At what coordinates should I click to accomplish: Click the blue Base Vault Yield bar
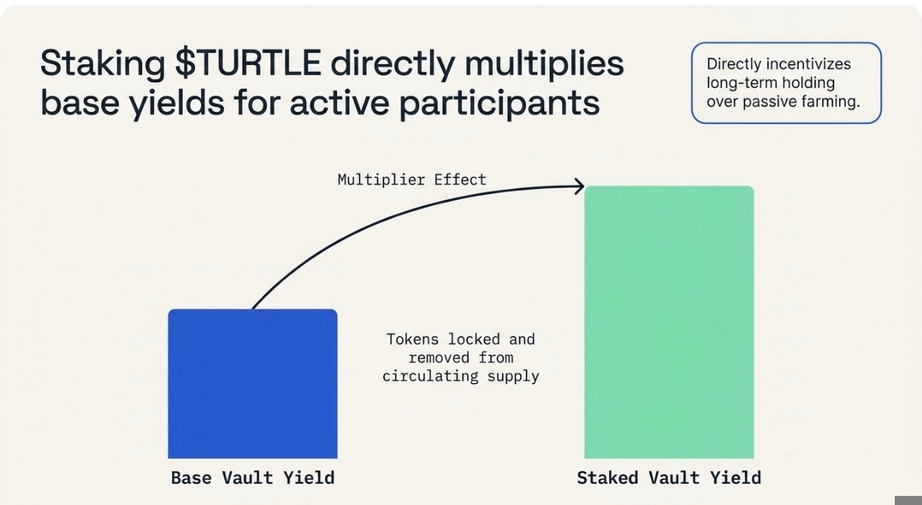(252, 383)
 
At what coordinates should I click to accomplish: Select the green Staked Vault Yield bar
(669, 322)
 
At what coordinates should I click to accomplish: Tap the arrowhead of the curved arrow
(580, 186)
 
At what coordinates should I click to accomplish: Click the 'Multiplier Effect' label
(412, 180)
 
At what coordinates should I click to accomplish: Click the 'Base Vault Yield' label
(252, 478)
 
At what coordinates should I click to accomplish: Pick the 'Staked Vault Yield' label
(669, 478)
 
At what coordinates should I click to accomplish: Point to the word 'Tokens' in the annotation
(413, 339)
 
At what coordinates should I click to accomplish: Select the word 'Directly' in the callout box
(736, 64)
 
